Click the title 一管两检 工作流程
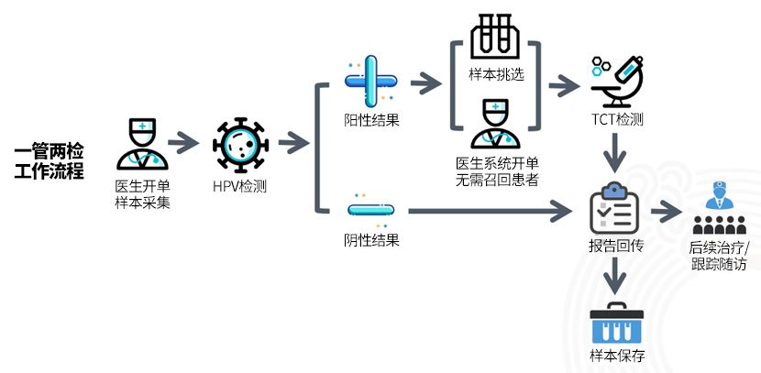50,161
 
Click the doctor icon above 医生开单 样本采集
142,145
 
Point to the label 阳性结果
370,120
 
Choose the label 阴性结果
370,240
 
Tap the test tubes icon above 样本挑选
495,38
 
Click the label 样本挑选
496,75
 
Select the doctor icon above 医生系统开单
496,126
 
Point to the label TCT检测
617,120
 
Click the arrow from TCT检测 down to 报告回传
616,152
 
